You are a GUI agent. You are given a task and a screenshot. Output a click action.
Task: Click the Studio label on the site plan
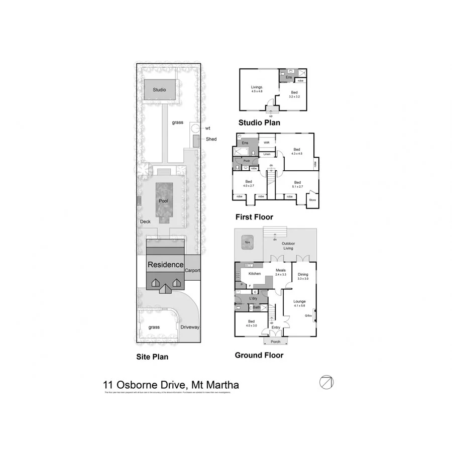pyautogui.click(x=160, y=90)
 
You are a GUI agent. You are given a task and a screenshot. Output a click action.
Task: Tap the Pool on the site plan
pyautogui.click(x=163, y=201)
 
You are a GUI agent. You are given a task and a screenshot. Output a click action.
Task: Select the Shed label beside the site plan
pyautogui.click(x=211, y=139)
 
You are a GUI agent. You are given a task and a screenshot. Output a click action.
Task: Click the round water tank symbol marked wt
pyautogui.click(x=195, y=129)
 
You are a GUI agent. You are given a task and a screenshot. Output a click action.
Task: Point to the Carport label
pyautogui.click(x=192, y=270)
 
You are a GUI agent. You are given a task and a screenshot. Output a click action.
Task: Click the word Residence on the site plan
pyautogui.click(x=165, y=264)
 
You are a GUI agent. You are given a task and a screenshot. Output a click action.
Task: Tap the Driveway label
pyautogui.click(x=190, y=327)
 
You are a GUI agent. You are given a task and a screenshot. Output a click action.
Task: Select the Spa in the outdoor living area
pyautogui.click(x=247, y=242)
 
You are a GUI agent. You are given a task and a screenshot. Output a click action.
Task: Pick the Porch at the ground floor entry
pyautogui.click(x=276, y=342)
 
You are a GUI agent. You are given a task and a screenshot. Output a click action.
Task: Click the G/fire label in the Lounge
pyautogui.click(x=308, y=316)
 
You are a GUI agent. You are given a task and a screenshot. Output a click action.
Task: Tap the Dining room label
pyautogui.click(x=303, y=275)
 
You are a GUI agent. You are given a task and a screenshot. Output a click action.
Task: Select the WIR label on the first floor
pyautogui.click(x=267, y=143)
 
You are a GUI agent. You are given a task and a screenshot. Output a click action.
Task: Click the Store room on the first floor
pyautogui.click(x=312, y=199)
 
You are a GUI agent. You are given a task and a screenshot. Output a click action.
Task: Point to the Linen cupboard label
pyautogui.click(x=267, y=154)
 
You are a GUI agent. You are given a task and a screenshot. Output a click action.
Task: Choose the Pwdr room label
pyautogui.click(x=246, y=161)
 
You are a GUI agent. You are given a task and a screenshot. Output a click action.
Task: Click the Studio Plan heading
pyautogui.click(x=259, y=123)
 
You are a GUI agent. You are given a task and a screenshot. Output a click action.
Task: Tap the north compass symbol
pyautogui.click(x=326, y=382)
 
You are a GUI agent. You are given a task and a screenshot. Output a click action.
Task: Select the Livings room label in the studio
pyautogui.click(x=257, y=89)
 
